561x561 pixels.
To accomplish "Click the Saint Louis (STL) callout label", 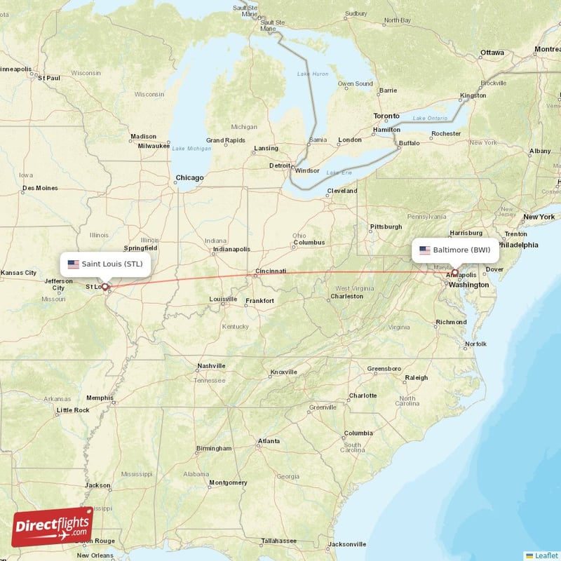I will coord(105,264).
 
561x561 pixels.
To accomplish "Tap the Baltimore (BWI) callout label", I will coord(455,250).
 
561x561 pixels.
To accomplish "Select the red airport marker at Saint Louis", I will coord(105,286).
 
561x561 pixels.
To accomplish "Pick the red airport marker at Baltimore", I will coord(454,272).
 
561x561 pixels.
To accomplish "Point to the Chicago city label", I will coord(190,178).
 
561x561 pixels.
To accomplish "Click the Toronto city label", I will coord(386,116).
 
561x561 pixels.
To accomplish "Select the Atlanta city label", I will coord(269,442).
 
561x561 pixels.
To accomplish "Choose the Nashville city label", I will coord(211,366).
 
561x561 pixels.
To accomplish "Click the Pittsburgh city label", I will coord(386,227).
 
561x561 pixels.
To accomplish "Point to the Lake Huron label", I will coord(313,74).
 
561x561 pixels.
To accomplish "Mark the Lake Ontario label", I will coord(429,118).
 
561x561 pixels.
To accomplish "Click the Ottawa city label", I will coord(492,53).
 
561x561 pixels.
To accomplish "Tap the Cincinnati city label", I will coord(271,271).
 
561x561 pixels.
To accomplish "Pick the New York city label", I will coord(539,217).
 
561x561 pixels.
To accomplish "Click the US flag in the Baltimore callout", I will coord(425,250).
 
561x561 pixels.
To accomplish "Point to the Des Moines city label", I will coord(40,188).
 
